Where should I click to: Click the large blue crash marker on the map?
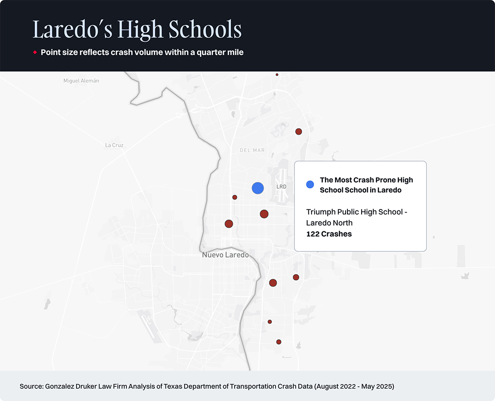(x=258, y=188)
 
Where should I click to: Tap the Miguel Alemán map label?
(x=81, y=81)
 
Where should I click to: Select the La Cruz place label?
(x=114, y=145)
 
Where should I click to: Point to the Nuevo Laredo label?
(x=225, y=255)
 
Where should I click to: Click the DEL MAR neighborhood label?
(x=252, y=150)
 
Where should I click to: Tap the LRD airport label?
(x=281, y=187)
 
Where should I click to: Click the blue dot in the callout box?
(x=310, y=184)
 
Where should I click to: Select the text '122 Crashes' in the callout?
(x=329, y=234)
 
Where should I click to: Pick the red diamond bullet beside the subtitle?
(x=35, y=53)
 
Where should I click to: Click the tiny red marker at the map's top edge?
(x=277, y=74)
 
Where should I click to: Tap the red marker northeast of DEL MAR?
(x=298, y=132)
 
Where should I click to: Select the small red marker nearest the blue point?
(x=235, y=197)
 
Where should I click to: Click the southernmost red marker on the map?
(x=279, y=342)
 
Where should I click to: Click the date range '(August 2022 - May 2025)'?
(x=354, y=386)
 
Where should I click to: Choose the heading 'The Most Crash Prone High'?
(x=366, y=180)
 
